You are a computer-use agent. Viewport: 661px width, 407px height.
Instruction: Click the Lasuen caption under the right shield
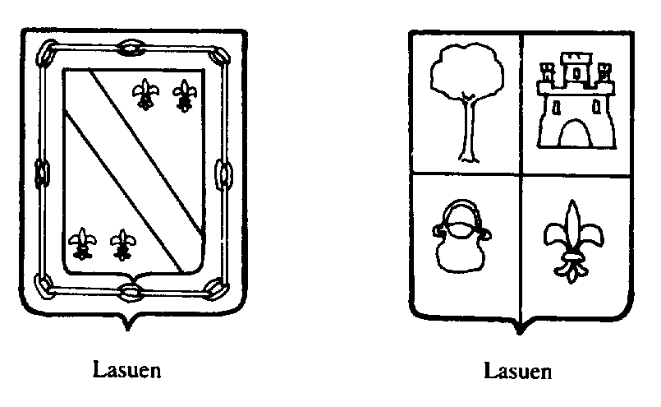pyautogui.click(x=517, y=371)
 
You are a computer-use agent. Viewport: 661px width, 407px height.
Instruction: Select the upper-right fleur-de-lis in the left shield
pyautogui.click(x=185, y=95)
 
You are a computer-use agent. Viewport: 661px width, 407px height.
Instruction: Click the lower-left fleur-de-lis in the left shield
pyautogui.click(x=81, y=243)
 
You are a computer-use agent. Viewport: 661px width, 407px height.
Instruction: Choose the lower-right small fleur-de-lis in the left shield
pyautogui.click(x=123, y=243)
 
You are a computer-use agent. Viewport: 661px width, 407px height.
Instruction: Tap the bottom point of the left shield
pyautogui.click(x=127, y=328)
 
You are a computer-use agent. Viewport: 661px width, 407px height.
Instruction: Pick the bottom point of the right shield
pyautogui.click(x=518, y=331)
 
